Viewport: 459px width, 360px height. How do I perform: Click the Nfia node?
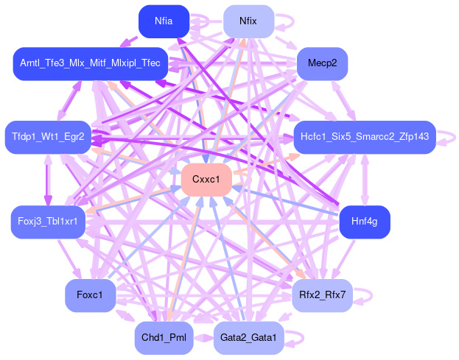pyautogui.click(x=164, y=21)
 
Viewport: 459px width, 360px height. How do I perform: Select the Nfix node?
pyautogui.click(x=248, y=21)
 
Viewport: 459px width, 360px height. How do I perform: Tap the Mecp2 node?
pyautogui.click(x=322, y=64)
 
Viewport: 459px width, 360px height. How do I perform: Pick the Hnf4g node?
pyautogui.click(x=364, y=222)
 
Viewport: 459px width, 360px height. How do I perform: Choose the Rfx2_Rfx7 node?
pyautogui.click(x=323, y=295)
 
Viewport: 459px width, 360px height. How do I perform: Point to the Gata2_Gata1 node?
pyautogui.click(x=248, y=338)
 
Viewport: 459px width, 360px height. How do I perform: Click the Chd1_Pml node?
pyautogui.click(x=164, y=338)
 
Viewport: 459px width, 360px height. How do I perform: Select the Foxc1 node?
pyautogui.click(x=91, y=295)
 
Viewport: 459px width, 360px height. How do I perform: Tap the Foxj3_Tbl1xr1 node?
pyautogui.click(x=49, y=222)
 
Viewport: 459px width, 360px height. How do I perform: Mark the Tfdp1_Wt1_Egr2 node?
pyautogui.click(x=49, y=137)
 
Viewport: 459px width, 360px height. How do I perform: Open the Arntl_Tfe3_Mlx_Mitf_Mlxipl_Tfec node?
pyautogui.click(x=91, y=64)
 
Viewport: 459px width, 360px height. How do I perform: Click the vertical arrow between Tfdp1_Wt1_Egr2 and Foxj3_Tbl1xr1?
pyautogui.click(x=49, y=180)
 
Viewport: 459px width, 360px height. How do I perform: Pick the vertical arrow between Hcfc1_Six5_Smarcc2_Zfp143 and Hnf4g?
pyautogui.click(x=365, y=180)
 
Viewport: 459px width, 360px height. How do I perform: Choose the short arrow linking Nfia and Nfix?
pyautogui.click(x=206, y=21)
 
